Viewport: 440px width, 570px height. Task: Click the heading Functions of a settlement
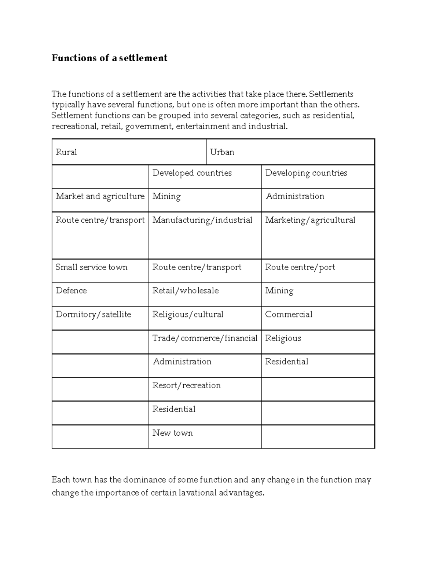click(x=109, y=58)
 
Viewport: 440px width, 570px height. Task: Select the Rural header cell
click(x=66, y=152)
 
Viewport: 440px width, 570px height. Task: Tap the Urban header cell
click(x=222, y=152)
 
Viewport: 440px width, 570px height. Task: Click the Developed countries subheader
click(x=192, y=173)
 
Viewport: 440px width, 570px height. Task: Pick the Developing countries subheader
click(x=306, y=173)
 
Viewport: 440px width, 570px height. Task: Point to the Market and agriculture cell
click(x=100, y=196)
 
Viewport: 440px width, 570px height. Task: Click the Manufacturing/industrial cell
click(x=202, y=220)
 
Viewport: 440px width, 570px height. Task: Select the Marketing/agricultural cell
click(x=310, y=220)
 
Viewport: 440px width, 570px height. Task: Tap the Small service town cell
click(x=92, y=267)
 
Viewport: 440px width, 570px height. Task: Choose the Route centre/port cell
click(x=300, y=267)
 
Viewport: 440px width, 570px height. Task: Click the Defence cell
click(x=71, y=291)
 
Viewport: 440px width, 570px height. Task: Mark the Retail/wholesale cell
click(x=186, y=291)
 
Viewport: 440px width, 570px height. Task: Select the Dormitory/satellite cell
click(x=93, y=315)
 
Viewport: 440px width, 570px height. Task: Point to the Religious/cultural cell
click(x=188, y=315)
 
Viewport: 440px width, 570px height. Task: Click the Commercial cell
click(x=289, y=315)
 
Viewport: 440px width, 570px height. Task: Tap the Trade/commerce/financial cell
click(x=205, y=338)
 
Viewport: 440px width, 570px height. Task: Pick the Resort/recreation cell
click(x=187, y=385)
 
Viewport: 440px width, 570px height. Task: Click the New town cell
click(x=173, y=433)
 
